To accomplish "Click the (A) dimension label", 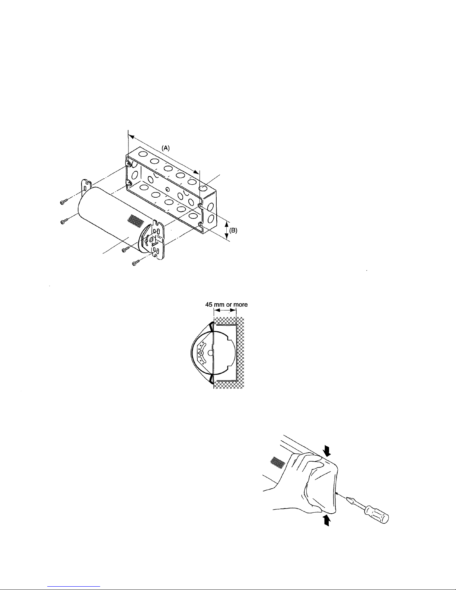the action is (166, 148).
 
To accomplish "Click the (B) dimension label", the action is (233, 230).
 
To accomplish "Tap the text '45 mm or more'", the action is (226, 304).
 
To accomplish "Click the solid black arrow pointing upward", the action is (327, 520).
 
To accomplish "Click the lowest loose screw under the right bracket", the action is (136, 262).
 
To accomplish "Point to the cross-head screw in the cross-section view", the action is (201, 353).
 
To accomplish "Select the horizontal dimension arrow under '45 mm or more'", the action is (225, 310).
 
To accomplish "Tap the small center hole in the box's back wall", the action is (168, 189).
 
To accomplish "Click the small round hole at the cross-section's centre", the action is (210, 353).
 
